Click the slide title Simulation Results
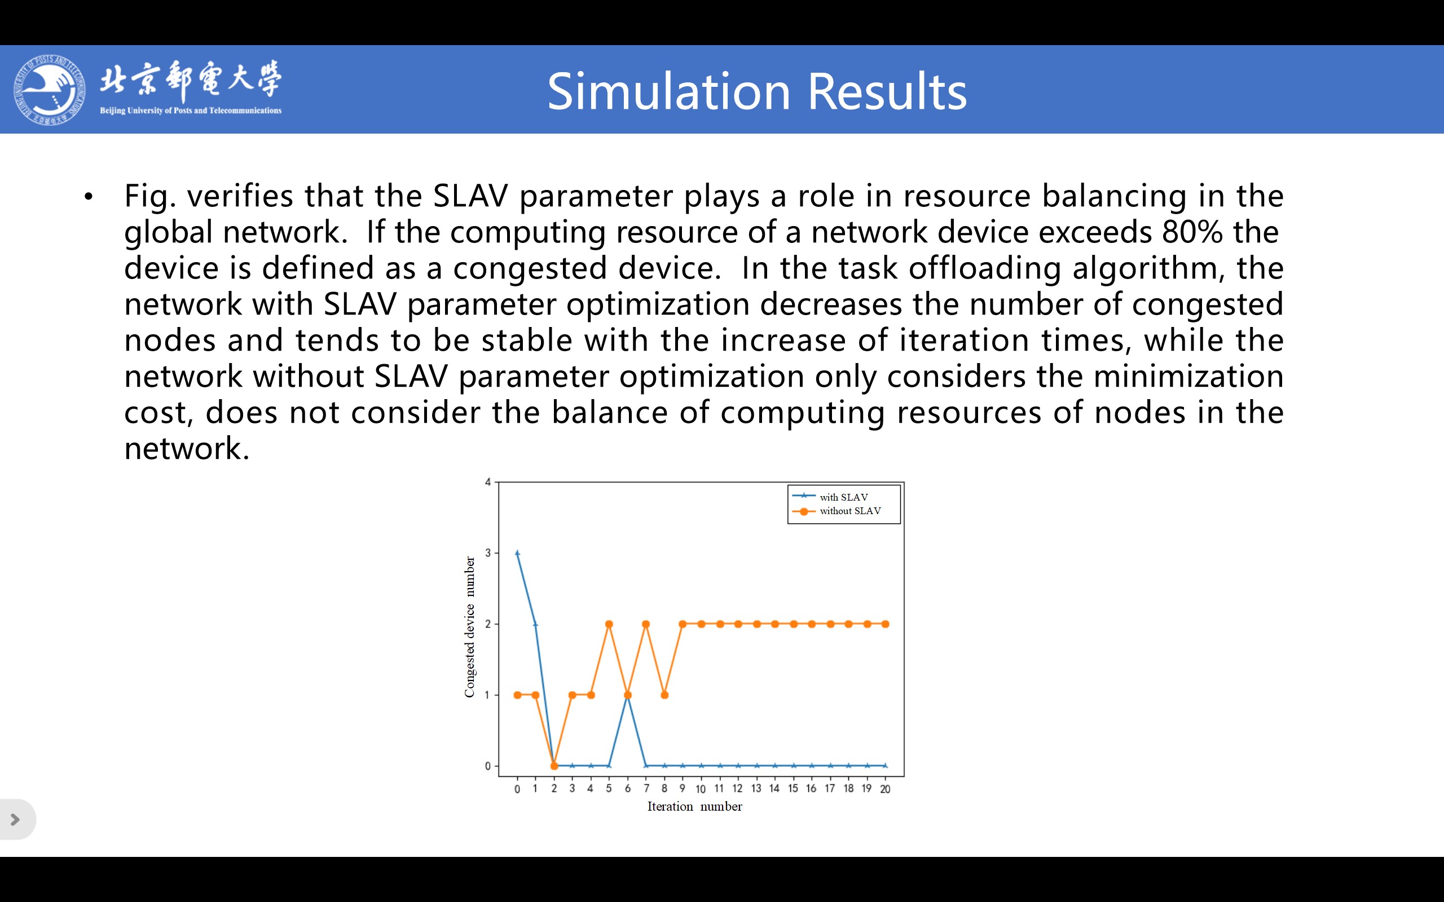(x=756, y=91)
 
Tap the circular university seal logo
(x=50, y=90)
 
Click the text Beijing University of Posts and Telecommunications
(x=190, y=110)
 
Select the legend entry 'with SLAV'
(x=843, y=497)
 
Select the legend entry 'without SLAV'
(x=849, y=511)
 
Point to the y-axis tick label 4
(x=487, y=482)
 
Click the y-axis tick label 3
(x=487, y=553)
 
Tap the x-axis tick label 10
(x=701, y=789)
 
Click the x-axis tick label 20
(x=885, y=789)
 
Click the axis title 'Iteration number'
(x=694, y=807)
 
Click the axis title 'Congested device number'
(x=470, y=626)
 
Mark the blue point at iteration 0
(x=517, y=554)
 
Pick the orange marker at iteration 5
(x=609, y=624)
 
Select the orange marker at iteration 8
(x=664, y=695)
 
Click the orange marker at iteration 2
(x=554, y=766)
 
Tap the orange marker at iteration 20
(x=885, y=624)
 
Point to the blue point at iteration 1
(x=535, y=624)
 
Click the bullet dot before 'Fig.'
(x=89, y=196)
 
